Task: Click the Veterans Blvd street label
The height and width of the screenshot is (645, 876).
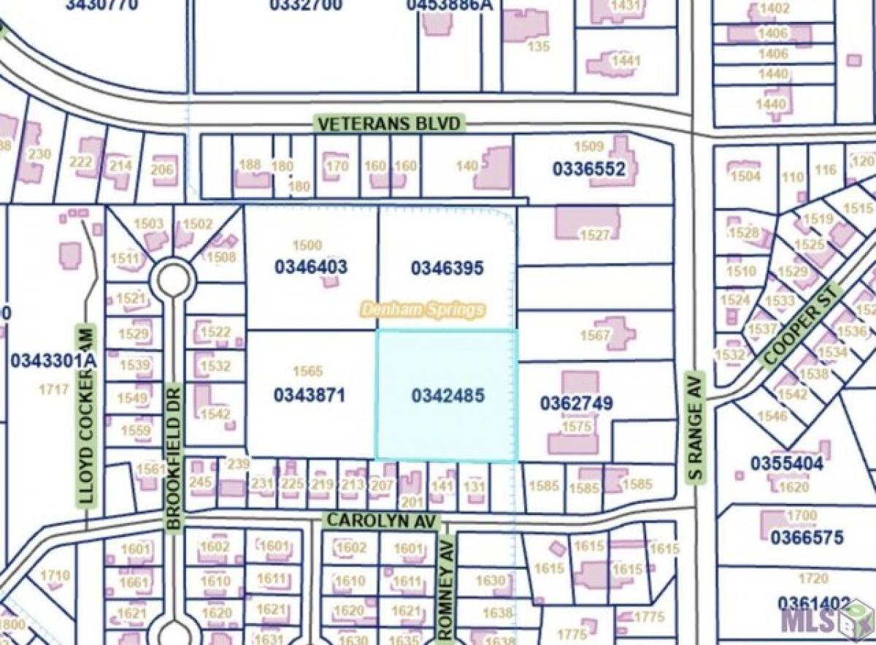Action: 389,123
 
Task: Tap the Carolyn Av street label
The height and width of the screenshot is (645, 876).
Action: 383,520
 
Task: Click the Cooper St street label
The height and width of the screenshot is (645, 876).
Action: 801,327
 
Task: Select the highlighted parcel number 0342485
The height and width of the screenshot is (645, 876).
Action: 447,396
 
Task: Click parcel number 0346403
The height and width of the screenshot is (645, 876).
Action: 311,267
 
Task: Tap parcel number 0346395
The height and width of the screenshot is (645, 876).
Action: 447,268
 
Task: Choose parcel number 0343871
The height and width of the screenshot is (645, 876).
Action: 310,395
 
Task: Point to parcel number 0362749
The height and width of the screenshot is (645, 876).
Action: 576,403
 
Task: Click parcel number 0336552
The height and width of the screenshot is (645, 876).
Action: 588,169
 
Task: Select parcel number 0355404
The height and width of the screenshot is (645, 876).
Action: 787,463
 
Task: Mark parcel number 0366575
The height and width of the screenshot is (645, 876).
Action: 807,538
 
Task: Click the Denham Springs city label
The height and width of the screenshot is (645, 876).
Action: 423,310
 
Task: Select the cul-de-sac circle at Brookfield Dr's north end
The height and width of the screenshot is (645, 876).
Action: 173,279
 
